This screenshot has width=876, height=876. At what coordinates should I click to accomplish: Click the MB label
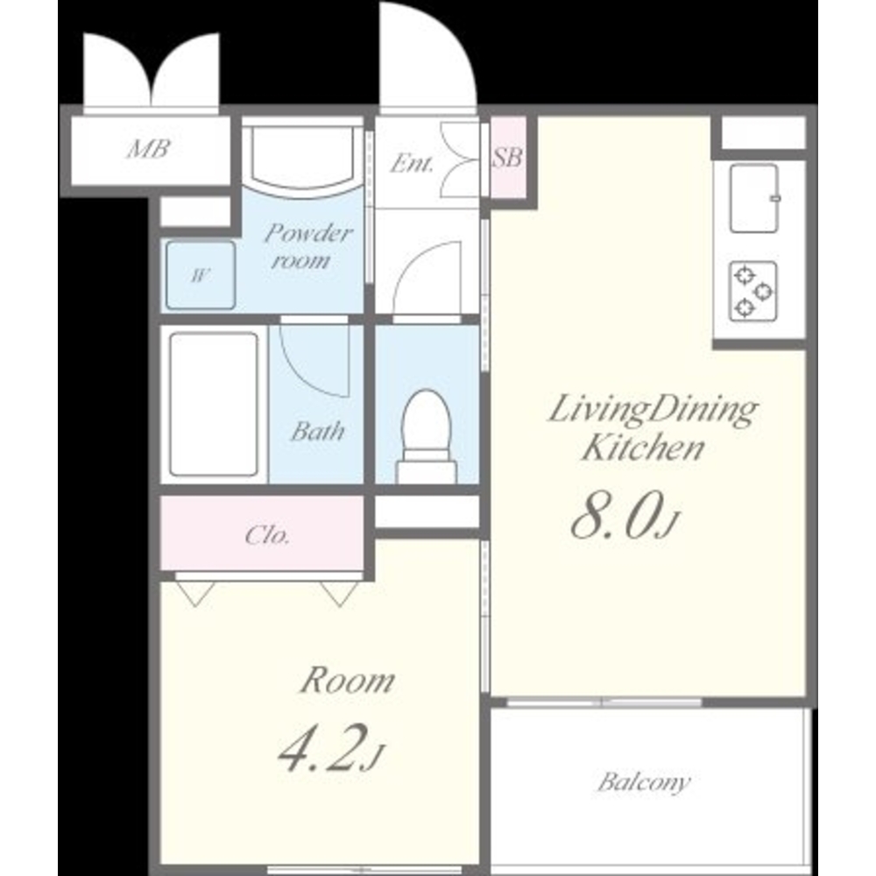[148, 149]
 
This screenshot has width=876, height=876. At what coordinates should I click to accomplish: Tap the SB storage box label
[507, 157]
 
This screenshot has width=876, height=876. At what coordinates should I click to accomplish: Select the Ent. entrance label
[412, 164]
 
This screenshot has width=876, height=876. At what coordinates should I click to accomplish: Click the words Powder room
[307, 246]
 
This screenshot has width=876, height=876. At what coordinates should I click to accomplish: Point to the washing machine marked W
[201, 275]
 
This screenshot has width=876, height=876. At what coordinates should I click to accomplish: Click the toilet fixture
[427, 435]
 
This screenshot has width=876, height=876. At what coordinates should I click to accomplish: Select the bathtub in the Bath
[214, 403]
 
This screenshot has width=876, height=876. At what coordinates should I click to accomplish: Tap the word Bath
[317, 431]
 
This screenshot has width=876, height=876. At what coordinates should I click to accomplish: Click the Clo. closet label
[267, 535]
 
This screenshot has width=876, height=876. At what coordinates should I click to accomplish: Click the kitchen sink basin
[754, 198]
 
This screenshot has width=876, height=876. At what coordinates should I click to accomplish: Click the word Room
[348, 681]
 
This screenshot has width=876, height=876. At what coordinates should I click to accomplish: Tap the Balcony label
[644, 781]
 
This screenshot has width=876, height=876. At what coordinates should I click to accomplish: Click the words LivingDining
[653, 411]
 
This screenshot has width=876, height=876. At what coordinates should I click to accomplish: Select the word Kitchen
[642, 448]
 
